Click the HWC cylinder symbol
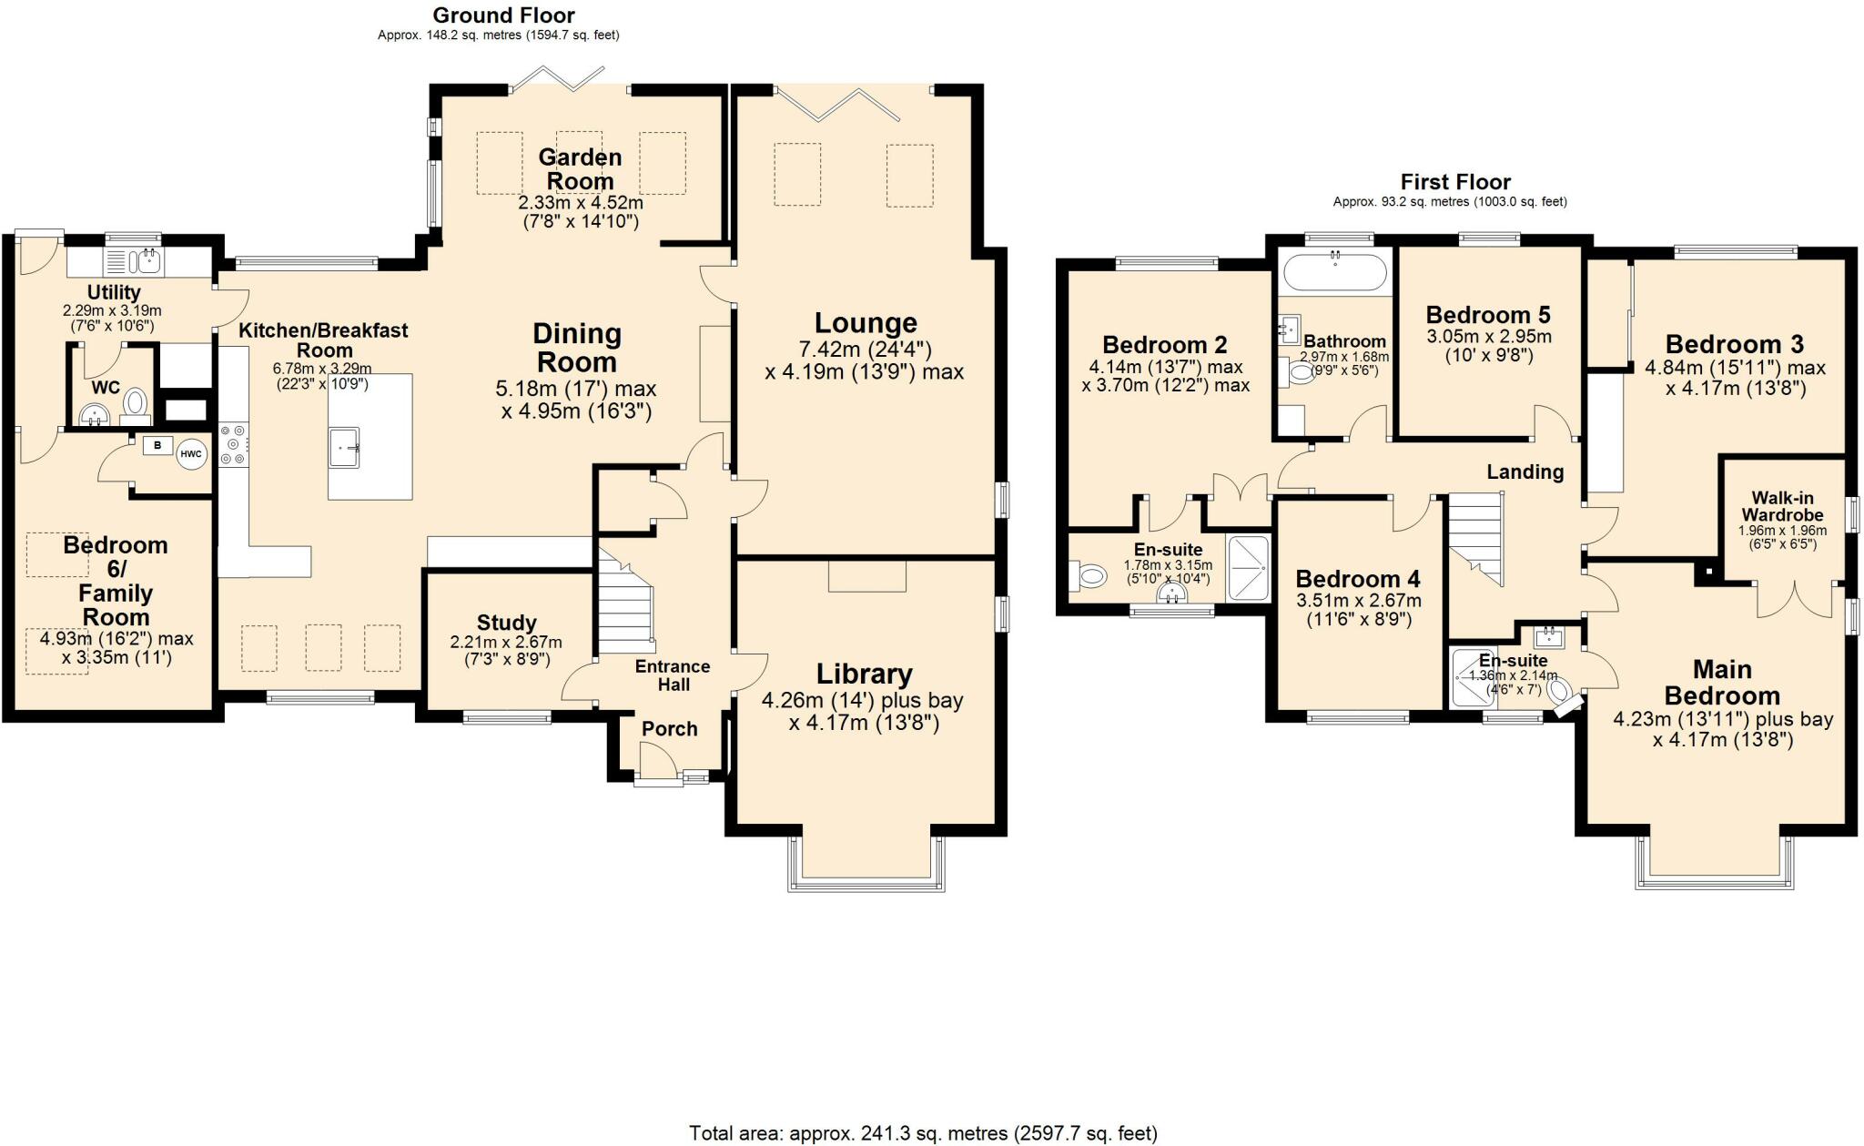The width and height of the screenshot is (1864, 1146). coord(191,453)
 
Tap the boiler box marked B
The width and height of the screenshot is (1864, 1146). coord(157,445)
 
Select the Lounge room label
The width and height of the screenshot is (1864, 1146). coord(866,323)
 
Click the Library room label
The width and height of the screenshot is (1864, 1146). coord(864,674)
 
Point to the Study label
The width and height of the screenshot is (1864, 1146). coord(507,624)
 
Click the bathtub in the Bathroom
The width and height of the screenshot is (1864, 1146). coord(1334,271)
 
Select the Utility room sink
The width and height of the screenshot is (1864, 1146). coord(145,261)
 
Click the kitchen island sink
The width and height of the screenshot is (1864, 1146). coord(344,447)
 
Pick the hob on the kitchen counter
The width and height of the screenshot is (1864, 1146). coord(233,445)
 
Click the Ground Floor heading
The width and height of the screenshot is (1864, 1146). coord(504,15)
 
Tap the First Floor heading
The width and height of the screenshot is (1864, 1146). coord(1455,182)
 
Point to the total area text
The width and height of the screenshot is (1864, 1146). coord(923,1133)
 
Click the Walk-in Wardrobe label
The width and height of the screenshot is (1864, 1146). coord(1783,506)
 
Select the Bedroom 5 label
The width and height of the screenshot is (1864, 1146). coord(1488,315)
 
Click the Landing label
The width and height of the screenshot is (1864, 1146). coord(1525,472)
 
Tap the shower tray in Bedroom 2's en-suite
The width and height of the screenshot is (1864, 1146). coord(1248,568)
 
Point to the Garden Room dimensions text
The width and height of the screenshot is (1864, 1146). coord(580,211)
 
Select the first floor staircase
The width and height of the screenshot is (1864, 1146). coord(1475,538)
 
